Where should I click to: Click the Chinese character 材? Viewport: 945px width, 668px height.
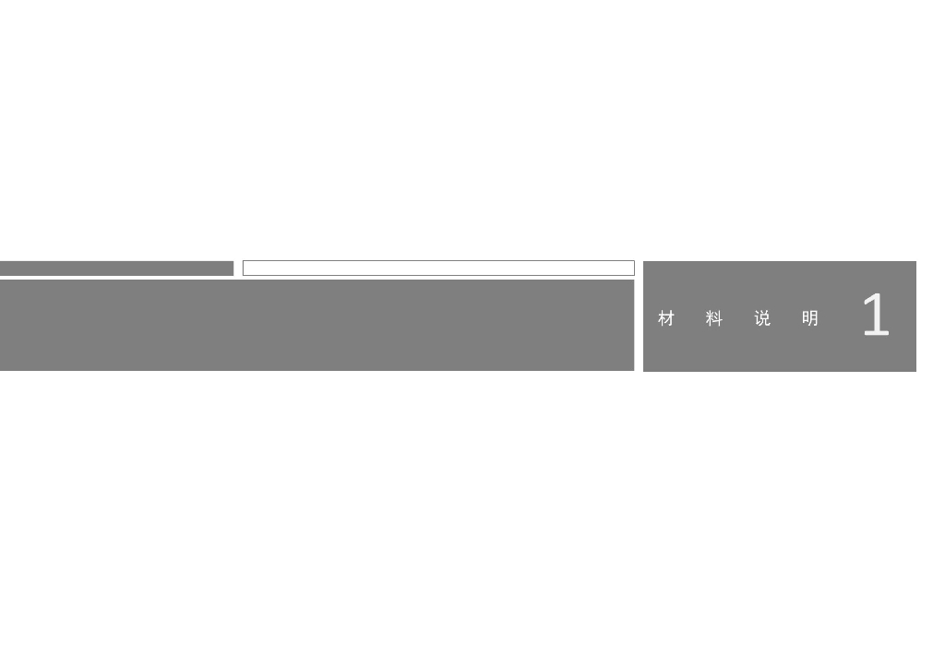666,318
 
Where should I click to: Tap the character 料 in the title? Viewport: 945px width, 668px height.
714,318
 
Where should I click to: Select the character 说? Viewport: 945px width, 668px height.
762,318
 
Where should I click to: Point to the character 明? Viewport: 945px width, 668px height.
810,318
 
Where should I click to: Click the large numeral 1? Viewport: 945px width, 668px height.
877,315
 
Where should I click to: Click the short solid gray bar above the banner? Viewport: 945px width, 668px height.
116,268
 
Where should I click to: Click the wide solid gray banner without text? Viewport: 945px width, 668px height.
317,326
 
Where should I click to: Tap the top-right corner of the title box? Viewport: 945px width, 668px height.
916,261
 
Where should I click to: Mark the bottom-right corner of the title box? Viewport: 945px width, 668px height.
916,372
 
